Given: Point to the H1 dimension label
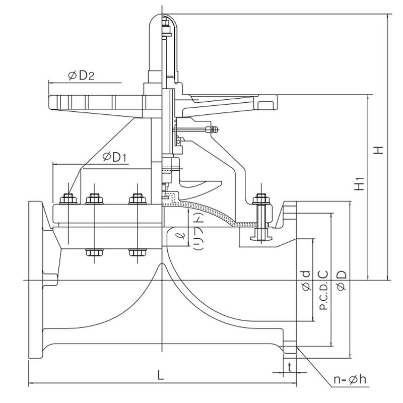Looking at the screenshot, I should (x=359, y=184).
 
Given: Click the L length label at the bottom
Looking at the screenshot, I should (x=160, y=376).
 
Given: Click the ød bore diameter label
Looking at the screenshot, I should (x=305, y=281).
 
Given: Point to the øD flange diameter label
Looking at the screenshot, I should (x=341, y=281).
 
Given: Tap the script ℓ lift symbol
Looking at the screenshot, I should (x=176, y=235).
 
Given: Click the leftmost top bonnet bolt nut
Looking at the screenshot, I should (x=67, y=199).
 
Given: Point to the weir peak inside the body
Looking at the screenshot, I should (x=161, y=265).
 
